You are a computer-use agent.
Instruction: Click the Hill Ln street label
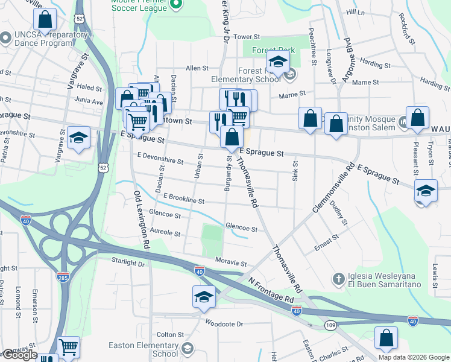[x=356, y=29]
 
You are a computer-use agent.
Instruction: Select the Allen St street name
[x=197, y=68]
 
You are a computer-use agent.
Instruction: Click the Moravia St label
[x=232, y=264]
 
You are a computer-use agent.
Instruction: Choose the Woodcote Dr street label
[x=223, y=324]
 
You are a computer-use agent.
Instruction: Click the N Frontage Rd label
[x=271, y=290]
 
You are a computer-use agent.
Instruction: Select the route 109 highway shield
[x=330, y=324]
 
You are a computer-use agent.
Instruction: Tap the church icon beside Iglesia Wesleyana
[x=339, y=279]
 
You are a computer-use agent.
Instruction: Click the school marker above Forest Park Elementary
[x=278, y=63]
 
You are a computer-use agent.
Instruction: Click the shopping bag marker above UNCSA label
[x=45, y=21]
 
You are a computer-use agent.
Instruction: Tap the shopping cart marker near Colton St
[x=68, y=348]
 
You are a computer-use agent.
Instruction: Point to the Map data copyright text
[x=414, y=357]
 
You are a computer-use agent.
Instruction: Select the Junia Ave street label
[x=89, y=102]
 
